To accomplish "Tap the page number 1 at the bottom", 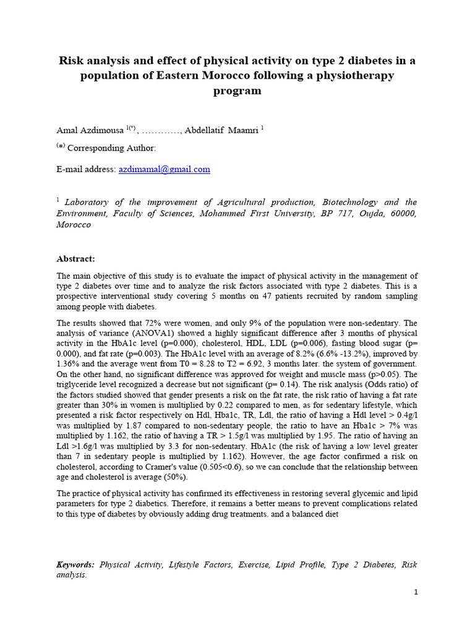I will pyautogui.click(x=416, y=592).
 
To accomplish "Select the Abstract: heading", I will pyautogui.click(x=76, y=258).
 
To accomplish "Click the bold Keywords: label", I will pyautogui.click(x=75, y=565).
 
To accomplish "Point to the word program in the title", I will pyautogui.click(x=237, y=91).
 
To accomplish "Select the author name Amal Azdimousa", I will pyautogui.click(x=90, y=129).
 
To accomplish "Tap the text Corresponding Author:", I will pyautogui.click(x=111, y=148).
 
